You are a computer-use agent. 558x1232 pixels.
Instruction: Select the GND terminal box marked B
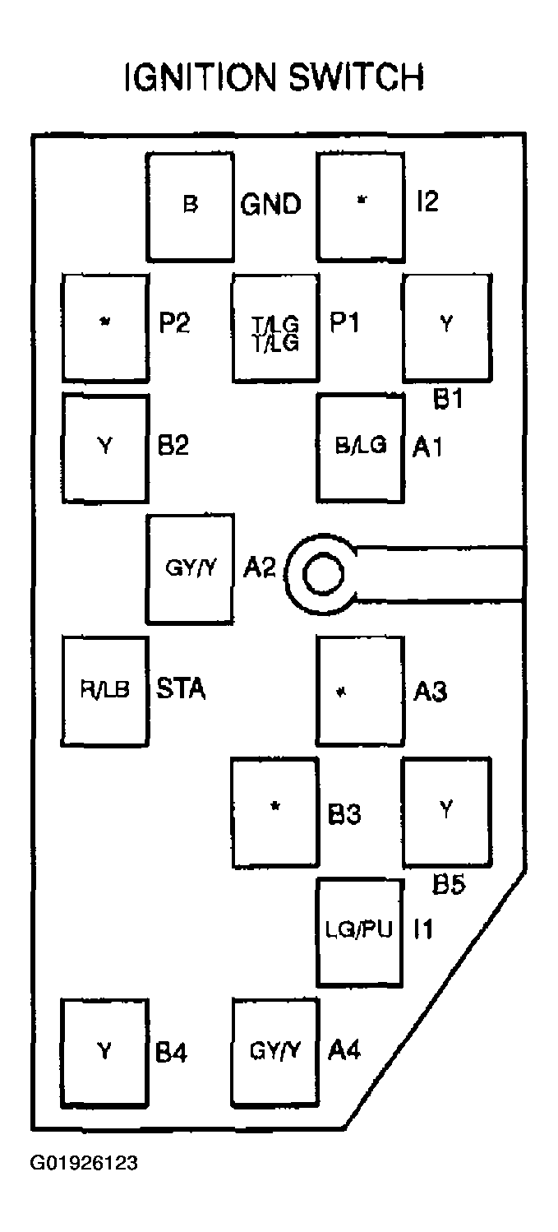(189, 206)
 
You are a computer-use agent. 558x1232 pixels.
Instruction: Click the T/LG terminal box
(275, 327)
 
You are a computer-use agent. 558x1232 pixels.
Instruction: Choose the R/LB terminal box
(104, 691)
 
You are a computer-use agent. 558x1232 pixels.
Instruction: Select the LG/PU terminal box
(360, 931)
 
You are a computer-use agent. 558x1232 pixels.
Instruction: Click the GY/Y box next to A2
(190, 569)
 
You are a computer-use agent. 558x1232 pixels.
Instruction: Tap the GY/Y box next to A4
(275, 1051)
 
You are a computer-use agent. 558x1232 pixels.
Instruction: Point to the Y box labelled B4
(104, 1051)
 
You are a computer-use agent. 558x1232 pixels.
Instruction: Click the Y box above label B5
(445, 811)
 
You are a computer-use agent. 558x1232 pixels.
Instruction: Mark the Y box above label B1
(445, 327)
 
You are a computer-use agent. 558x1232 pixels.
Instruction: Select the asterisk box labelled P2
(104, 327)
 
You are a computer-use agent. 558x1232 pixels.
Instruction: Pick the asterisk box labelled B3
(275, 811)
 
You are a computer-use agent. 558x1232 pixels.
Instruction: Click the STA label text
(181, 688)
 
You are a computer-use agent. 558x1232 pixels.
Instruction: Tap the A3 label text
(429, 692)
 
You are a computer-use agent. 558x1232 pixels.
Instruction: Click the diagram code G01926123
(84, 1163)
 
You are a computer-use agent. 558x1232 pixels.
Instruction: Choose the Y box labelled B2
(104, 448)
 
